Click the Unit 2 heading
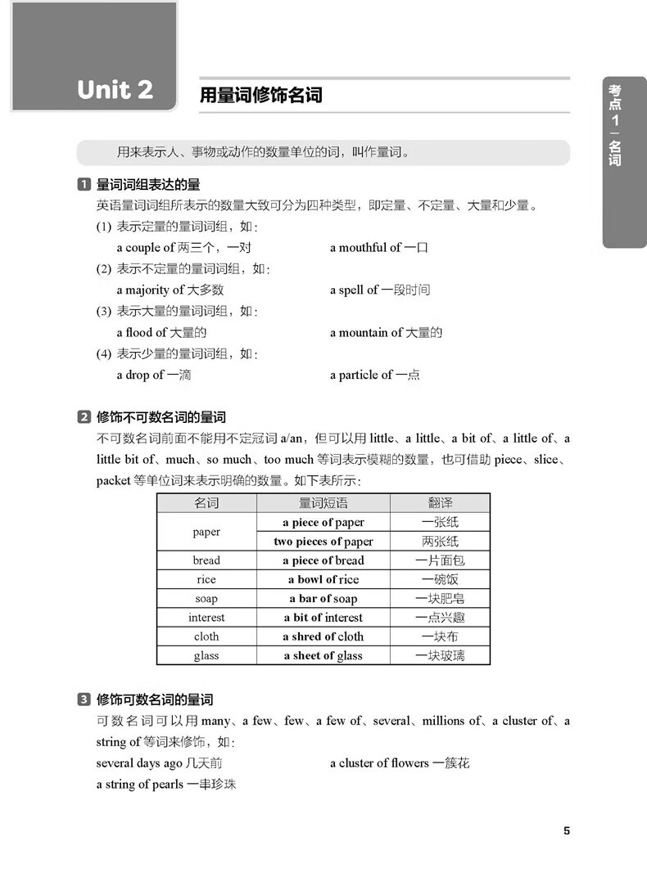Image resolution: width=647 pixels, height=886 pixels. pyautogui.click(x=115, y=90)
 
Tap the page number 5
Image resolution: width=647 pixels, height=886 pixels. pyautogui.click(x=566, y=831)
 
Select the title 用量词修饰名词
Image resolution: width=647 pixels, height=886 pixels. pyautogui.click(x=261, y=96)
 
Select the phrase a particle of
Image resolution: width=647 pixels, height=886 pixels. pyautogui.click(x=361, y=375)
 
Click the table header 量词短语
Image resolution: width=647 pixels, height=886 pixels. pyautogui.click(x=323, y=503)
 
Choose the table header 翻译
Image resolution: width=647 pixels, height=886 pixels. pyautogui.click(x=440, y=503)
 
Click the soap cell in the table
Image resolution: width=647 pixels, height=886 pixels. pyautogui.click(x=206, y=598)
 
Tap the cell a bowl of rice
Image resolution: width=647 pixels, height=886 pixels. pyautogui.click(x=323, y=579)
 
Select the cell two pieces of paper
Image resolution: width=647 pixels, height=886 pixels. pyautogui.click(x=323, y=541)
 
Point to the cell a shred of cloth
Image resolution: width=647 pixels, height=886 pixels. pyautogui.click(x=323, y=636)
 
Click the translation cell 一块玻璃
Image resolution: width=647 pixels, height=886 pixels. pyautogui.click(x=440, y=655)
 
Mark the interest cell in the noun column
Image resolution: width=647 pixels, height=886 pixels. pyautogui.click(x=206, y=618)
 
